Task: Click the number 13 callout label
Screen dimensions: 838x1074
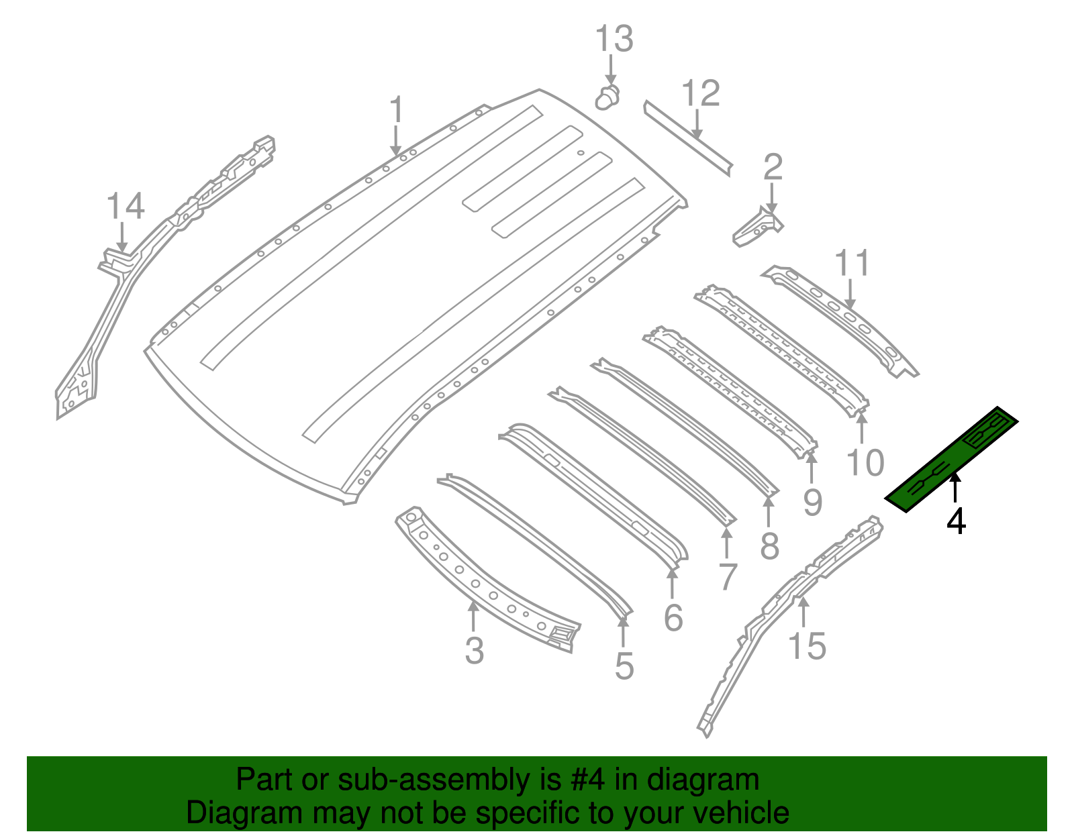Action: click(x=614, y=39)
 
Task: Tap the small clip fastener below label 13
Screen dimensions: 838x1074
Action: click(x=607, y=99)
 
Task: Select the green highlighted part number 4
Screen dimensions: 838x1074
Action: click(x=952, y=460)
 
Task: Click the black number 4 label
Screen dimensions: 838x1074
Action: click(x=956, y=521)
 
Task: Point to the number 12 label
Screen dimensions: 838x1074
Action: click(x=701, y=93)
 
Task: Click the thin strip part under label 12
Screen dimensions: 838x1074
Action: click(x=687, y=138)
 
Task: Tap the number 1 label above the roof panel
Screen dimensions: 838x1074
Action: click(x=397, y=109)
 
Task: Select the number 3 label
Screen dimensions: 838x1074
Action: click(x=474, y=651)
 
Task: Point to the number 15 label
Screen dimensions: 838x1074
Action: click(x=807, y=646)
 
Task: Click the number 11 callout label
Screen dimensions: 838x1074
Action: click(x=851, y=264)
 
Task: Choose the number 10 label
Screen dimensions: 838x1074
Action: click(x=865, y=462)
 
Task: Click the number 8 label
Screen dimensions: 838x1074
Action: click(x=770, y=545)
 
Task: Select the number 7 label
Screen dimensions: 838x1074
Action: click(x=728, y=576)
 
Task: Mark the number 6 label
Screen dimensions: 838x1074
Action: click(x=673, y=617)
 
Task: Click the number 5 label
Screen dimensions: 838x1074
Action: click(x=624, y=666)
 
